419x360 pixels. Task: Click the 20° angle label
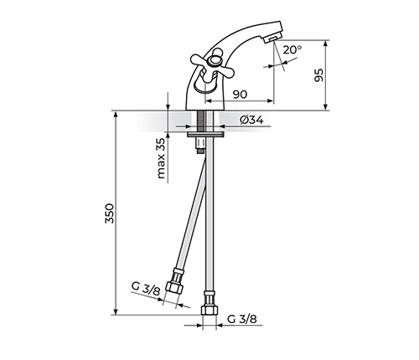coord(292,49)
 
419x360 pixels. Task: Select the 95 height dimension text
coord(318,75)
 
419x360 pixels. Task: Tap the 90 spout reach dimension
coord(240,95)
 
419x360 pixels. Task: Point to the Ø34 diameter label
coord(251,120)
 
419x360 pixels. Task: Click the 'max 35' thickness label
coord(161,158)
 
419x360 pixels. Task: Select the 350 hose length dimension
coord(110,213)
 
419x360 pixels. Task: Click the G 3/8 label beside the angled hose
coord(146,289)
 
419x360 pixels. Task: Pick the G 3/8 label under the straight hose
coord(242,319)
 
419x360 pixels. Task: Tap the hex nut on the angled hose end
coord(174,287)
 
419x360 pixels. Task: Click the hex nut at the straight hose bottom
coord(209,311)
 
